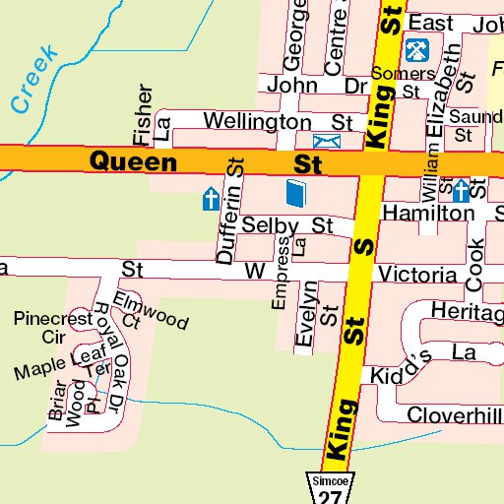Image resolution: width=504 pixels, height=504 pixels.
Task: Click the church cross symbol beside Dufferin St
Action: tap(210, 200)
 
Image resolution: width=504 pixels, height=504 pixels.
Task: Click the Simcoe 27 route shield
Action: tap(328, 489)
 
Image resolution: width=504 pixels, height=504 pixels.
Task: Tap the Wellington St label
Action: tap(277, 121)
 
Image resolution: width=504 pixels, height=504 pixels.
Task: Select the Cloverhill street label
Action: tap(454, 414)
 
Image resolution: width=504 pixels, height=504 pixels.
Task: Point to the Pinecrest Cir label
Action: tap(52, 326)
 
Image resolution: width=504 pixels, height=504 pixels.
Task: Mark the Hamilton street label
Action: tap(428, 213)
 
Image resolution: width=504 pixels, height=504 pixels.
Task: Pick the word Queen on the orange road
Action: tap(134, 161)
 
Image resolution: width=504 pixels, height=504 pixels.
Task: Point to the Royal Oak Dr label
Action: tap(109, 344)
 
